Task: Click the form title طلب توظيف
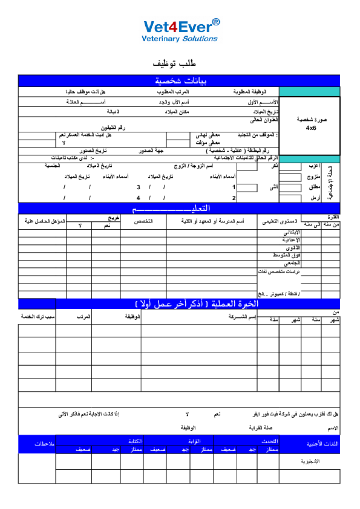pyautogui.click(x=180, y=63)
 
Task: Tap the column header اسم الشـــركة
pyautogui.click(x=242, y=317)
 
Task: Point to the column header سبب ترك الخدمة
pyautogui.click(x=38, y=317)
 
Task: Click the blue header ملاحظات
pyautogui.click(x=37, y=444)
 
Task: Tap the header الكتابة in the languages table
pyautogui.click(x=134, y=441)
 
